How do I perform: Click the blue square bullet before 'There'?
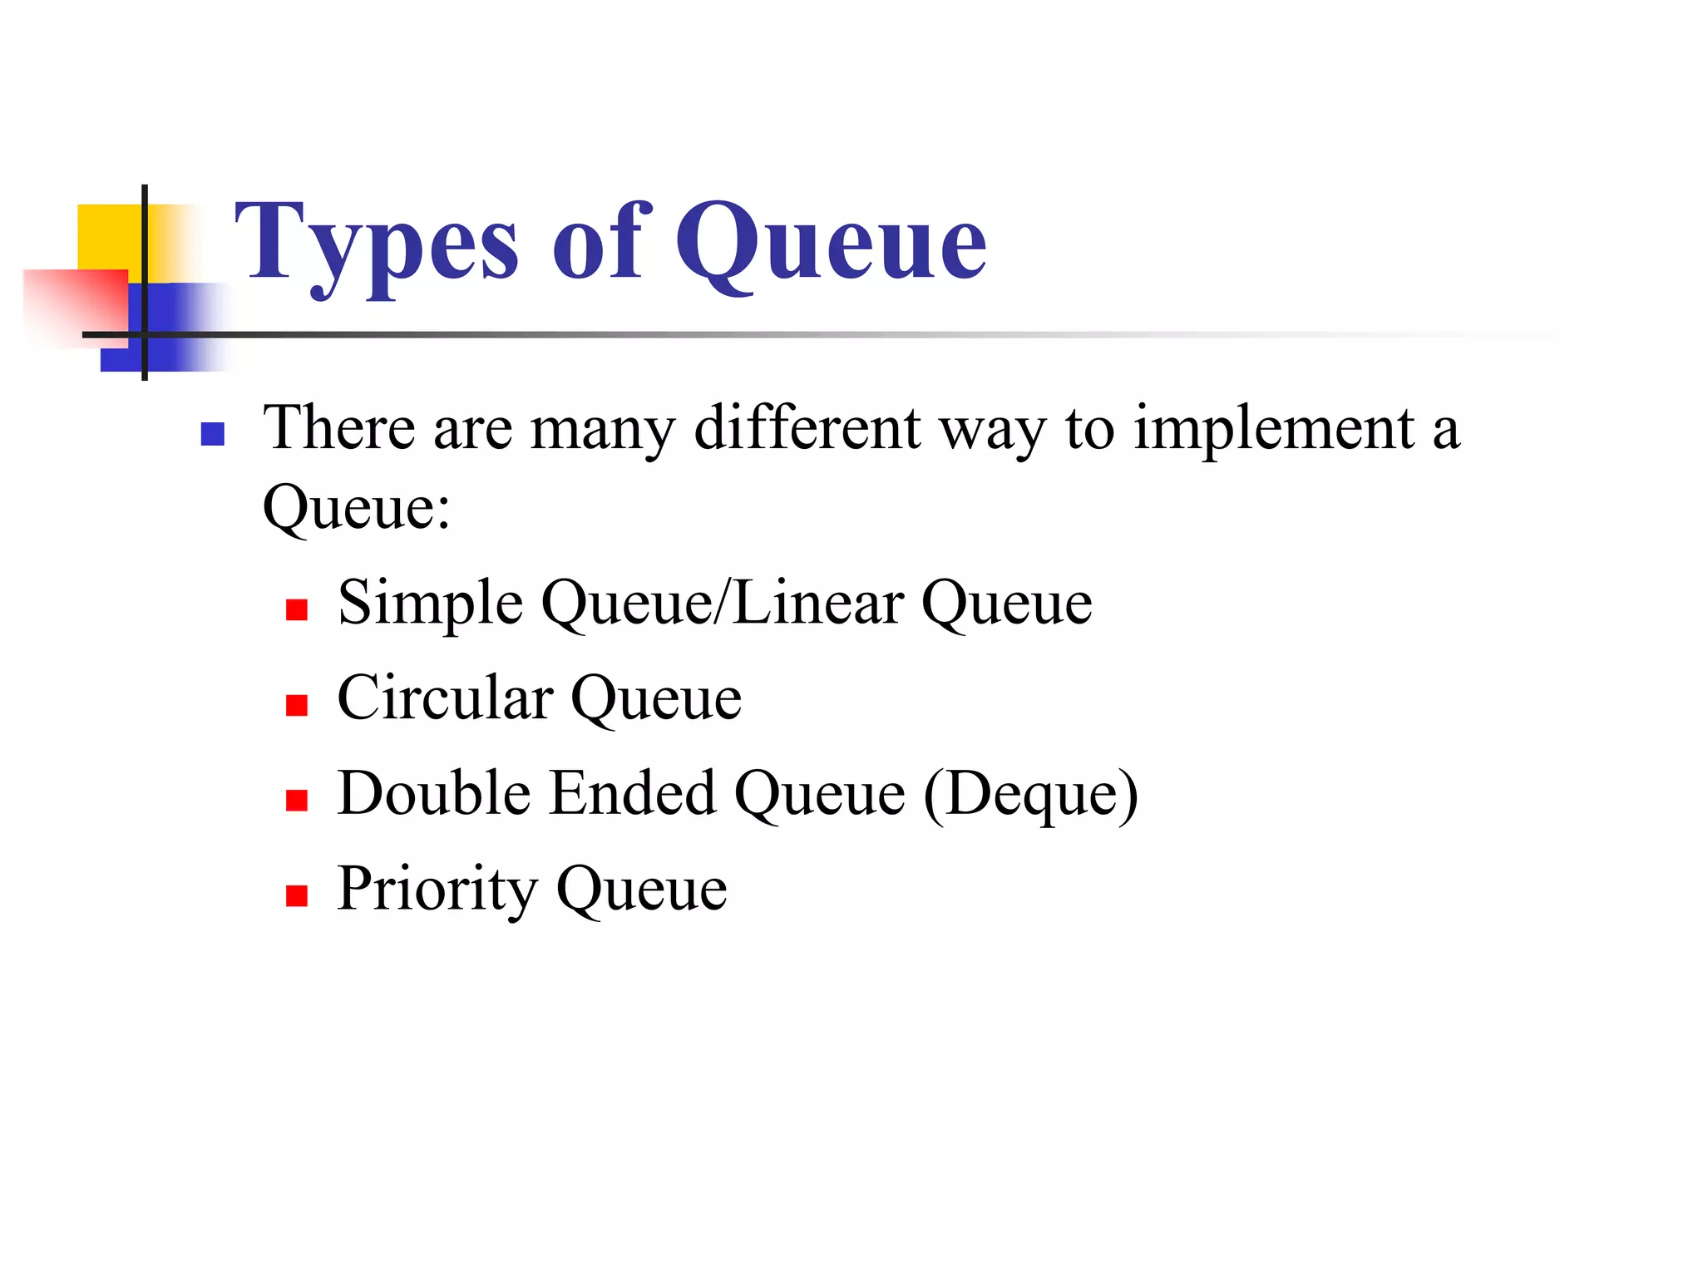(213, 434)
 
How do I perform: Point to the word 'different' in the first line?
(807, 427)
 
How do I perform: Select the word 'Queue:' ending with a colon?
(357, 507)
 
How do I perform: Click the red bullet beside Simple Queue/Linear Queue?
(297, 610)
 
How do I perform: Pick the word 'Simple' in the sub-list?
(431, 604)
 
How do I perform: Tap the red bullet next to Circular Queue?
(297, 706)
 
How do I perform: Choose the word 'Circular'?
(446, 698)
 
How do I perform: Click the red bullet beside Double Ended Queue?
(297, 801)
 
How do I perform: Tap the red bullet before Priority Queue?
(297, 895)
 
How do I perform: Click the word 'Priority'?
(437, 890)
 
